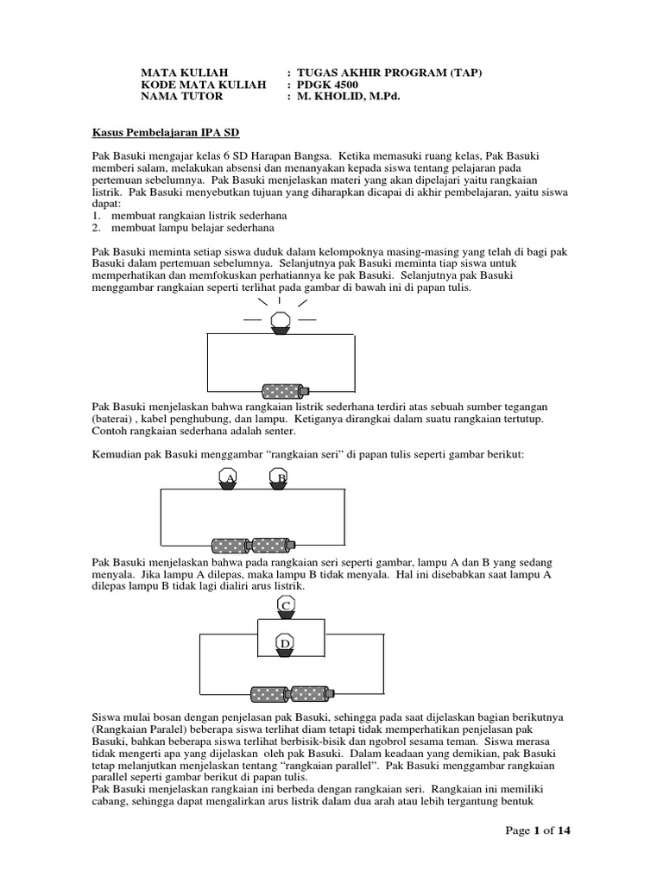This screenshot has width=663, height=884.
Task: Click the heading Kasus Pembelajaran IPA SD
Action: pos(166,134)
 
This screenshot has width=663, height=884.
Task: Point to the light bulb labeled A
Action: pos(228,480)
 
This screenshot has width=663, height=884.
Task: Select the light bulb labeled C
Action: pos(286,607)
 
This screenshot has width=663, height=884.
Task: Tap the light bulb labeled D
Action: pos(286,644)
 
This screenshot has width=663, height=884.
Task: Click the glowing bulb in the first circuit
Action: pos(280,324)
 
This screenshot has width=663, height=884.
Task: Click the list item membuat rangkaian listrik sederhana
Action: pos(195,215)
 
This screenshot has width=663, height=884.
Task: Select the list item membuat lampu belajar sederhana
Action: pos(188,228)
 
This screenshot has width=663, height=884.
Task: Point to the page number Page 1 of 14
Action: pos(538,830)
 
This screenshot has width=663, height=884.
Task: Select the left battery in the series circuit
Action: pos(230,545)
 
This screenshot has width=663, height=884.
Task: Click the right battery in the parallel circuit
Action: pos(310,693)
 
